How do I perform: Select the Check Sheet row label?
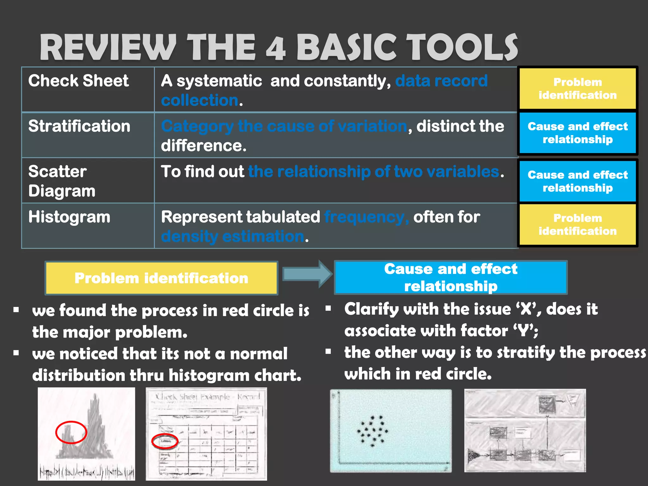(x=78, y=81)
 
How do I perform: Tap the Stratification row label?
(x=79, y=126)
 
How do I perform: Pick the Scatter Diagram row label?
(x=62, y=181)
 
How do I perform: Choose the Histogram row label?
(x=69, y=217)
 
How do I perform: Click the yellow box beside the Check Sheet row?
(x=577, y=89)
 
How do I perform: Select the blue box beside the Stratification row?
(x=577, y=133)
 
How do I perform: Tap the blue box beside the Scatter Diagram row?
(x=577, y=181)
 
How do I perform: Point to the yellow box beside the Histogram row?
(x=577, y=225)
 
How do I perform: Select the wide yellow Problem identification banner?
(x=161, y=278)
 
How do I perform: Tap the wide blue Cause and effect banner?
(x=451, y=277)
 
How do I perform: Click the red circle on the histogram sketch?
(x=71, y=432)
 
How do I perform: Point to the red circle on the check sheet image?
(x=165, y=441)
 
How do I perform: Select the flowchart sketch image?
(x=525, y=430)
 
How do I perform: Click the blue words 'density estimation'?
(x=233, y=236)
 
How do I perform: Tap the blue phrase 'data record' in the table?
(x=441, y=81)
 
